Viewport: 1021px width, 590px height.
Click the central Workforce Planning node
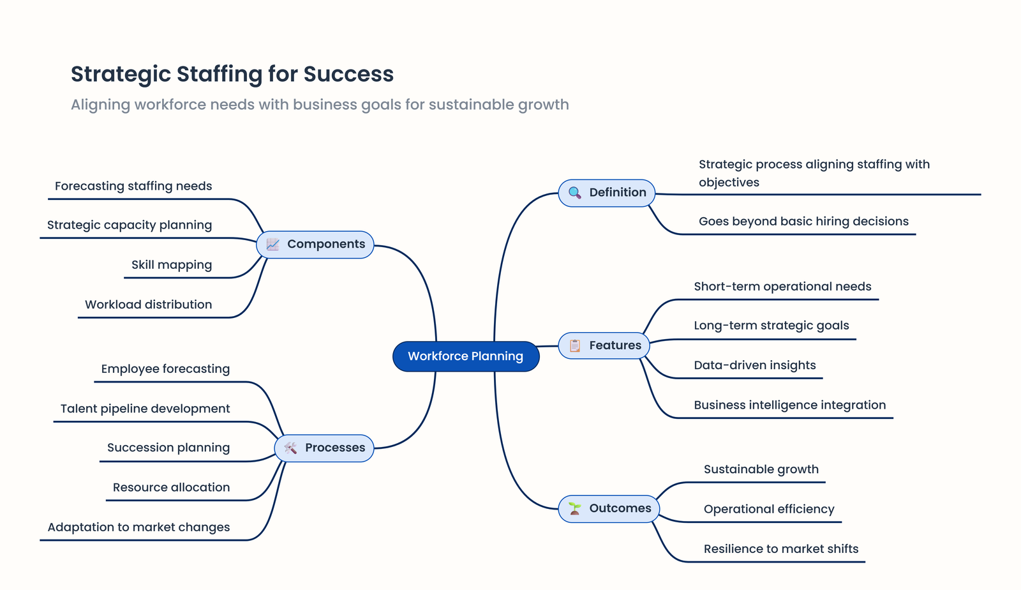466,356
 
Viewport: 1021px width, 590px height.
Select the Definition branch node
607,193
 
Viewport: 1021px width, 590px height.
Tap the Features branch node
604,345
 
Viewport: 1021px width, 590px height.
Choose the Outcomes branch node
609,509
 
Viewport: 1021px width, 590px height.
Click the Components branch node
315,245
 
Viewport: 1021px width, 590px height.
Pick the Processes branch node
324,448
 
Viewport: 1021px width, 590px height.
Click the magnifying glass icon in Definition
574,193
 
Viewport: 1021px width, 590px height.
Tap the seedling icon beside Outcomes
575,509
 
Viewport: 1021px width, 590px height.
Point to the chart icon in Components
272,245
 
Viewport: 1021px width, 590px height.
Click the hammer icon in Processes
290,448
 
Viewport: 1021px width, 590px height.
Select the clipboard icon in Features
574,345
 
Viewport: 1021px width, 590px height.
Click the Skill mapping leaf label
172,265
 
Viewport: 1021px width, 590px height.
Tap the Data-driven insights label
755,365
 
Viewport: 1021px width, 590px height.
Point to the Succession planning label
168,448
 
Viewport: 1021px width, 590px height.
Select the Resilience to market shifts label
781,549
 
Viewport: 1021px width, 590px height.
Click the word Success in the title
348,74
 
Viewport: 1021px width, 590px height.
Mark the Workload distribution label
149,305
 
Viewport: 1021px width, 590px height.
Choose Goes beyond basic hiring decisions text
803,222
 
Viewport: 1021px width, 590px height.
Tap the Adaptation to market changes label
138,527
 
